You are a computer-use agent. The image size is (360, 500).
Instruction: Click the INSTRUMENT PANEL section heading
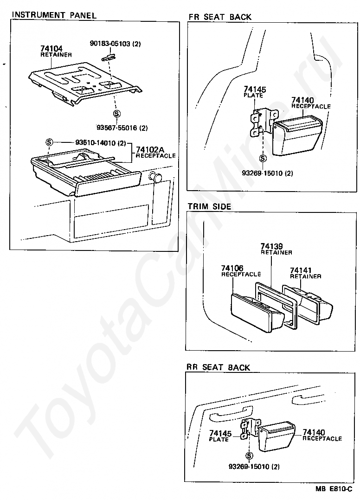pos(54,15)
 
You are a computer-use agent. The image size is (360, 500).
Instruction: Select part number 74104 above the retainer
pos(51,48)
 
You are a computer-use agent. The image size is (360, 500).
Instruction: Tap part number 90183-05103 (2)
pos(115,44)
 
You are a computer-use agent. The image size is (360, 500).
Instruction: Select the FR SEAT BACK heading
pos(220,17)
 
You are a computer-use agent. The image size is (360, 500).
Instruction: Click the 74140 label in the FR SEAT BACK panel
pos(302,100)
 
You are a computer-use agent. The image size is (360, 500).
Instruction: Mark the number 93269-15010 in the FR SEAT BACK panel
pos(267,173)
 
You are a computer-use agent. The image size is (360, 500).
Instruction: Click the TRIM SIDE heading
pos(209,206)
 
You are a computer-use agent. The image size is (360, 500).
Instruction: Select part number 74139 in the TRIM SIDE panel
pos(271,246)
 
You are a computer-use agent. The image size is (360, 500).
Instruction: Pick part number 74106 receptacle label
pos(232,269)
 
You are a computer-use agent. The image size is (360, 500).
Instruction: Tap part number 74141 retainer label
pos(301,270)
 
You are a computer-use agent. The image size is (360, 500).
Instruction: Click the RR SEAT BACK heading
pos(218,367)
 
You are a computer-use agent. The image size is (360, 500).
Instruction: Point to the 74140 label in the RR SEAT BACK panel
pos(314,433)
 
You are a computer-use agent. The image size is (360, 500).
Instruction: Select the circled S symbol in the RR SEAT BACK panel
pos(250,455)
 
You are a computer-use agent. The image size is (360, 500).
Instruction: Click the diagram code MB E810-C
pos(334,489)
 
